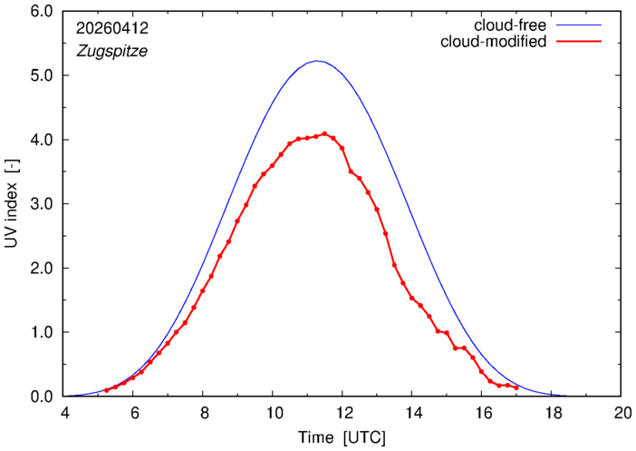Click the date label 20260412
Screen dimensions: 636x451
[x=112, y=28]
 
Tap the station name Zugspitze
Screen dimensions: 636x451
[x=112, y=51]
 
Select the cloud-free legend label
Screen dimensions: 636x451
[x=510, y=25]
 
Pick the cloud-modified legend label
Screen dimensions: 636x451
[x=494, y=42]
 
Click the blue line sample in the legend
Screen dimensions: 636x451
[x=579, y=25]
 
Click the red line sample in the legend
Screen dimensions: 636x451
[x=579, y=42]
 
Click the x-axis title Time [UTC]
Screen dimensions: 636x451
[x=342, y=438]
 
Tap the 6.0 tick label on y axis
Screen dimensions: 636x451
[x=42, y=12]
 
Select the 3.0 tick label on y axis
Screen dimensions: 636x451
[x=42, y=204]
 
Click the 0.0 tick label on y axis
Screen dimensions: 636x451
[x=42, y=397]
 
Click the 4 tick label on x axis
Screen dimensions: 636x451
[x=65, y=413]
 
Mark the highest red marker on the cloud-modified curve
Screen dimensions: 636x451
[x=324, y=133]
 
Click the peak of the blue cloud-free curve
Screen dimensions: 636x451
[x=317, y=61]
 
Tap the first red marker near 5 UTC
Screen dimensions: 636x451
[x=107, y=390]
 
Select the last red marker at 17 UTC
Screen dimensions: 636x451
[x=516, y=388]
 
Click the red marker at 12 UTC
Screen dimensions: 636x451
[x=342, y=148]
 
